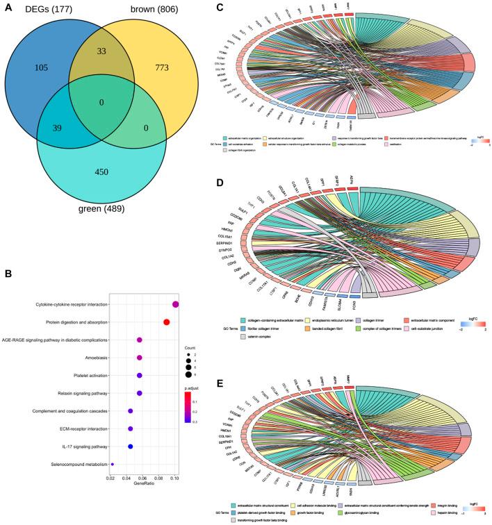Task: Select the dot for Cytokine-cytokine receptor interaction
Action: click(x=176, y=304)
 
